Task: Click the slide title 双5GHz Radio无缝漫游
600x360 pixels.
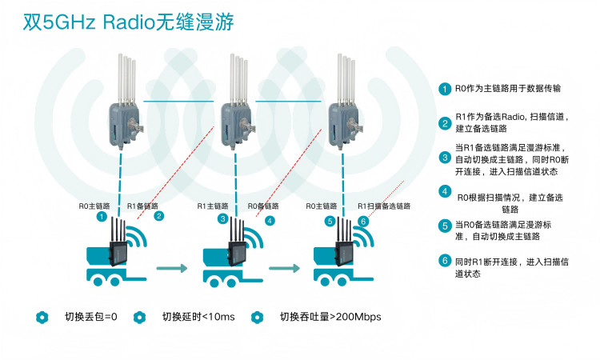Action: coord(128,22)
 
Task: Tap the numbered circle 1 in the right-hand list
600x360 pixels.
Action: coord(445,89)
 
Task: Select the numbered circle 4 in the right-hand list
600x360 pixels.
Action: coord(445,191)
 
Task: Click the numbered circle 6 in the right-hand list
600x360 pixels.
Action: coord(445,261)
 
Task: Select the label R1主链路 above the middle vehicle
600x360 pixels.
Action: coord(214,206)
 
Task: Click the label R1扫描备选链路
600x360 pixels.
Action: coord(383,206)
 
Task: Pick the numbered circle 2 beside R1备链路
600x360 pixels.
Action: coord(158,217)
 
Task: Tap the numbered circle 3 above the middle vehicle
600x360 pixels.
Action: coord(222,218)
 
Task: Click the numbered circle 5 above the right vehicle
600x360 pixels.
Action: coord(330,221)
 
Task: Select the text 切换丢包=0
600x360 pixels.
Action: coord(90,317)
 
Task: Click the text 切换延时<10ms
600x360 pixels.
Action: coord(198,317)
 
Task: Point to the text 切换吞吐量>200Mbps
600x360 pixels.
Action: coord(330,317)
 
